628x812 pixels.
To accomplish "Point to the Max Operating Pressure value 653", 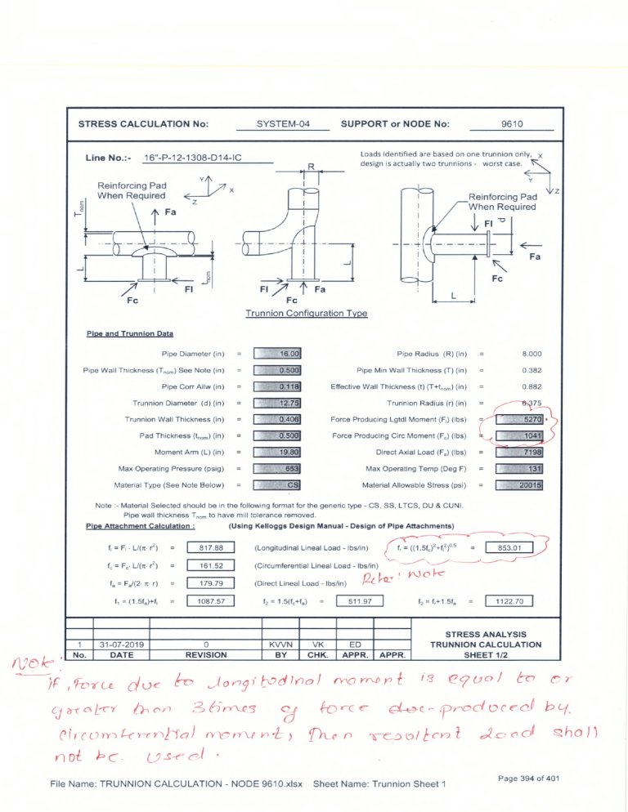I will tap(279, 468).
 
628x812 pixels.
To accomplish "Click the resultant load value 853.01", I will tap(509, 547).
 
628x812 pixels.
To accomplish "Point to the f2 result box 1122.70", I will tap(509, 601).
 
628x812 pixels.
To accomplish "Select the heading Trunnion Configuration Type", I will tap(306, 314).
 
